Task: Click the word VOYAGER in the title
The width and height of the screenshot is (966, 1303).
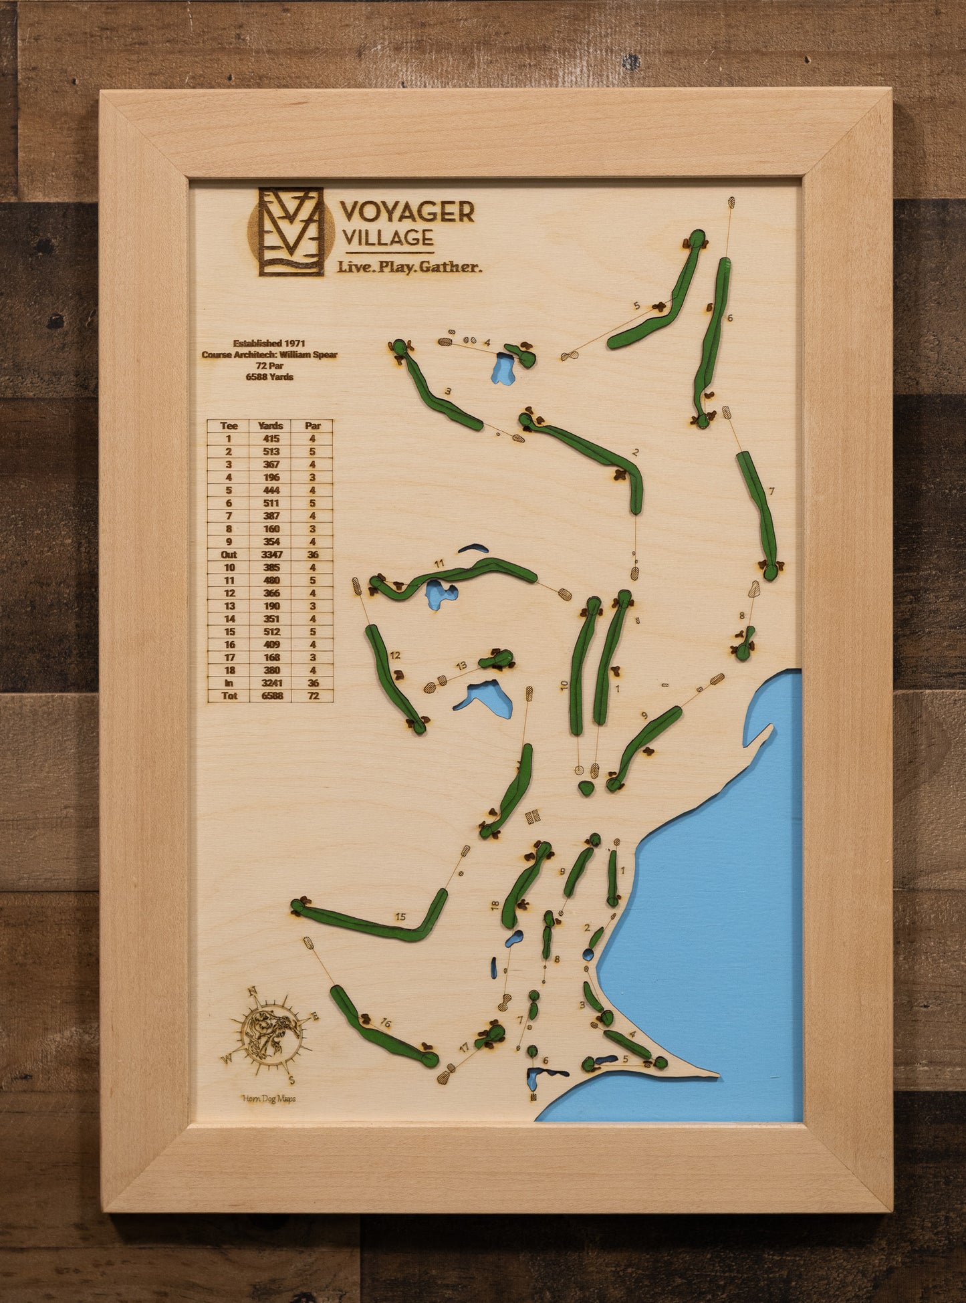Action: [407, 212]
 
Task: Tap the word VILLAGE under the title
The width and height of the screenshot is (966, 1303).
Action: [387, 238]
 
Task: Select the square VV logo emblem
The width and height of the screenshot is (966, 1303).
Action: [291, 231]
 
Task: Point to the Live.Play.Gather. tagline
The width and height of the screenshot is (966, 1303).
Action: [408, 267]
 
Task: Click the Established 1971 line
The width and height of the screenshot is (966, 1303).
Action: [269, 343]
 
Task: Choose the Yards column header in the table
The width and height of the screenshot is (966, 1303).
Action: [271, 425]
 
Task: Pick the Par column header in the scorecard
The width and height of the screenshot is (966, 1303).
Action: [312, 425]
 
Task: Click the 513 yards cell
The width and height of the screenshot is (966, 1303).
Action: [271, 451]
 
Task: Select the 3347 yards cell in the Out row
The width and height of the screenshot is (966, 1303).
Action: [271, 554]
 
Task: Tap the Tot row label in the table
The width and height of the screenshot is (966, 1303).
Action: [229, 696]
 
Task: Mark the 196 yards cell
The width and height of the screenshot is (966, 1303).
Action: [271, 477]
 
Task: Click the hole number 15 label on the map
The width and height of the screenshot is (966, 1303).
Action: [400, 917]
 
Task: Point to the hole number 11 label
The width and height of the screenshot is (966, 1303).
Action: [439, 564]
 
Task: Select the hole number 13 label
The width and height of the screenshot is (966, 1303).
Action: [461, 665]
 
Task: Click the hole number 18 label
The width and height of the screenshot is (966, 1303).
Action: [495, 905]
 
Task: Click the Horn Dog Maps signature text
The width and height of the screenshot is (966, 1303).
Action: [269, 1098]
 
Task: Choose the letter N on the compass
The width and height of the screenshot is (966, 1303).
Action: [253, 991]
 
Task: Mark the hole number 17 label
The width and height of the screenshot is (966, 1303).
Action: [464, 1048]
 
